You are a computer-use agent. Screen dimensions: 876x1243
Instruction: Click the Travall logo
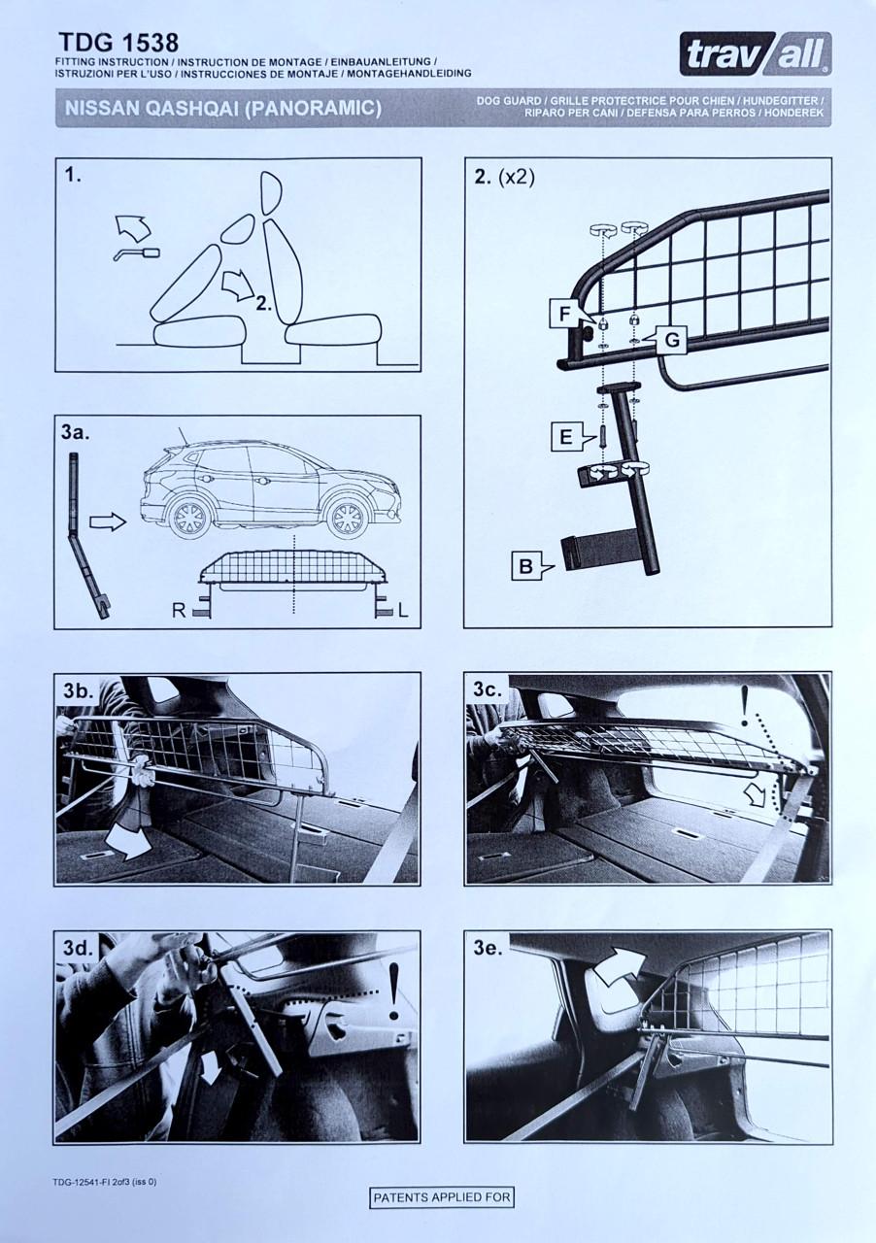(x=756, y=53)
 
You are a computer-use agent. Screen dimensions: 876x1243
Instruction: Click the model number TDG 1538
(x=118, y=43)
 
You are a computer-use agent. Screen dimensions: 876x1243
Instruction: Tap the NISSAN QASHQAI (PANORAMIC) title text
(x=223, y=108)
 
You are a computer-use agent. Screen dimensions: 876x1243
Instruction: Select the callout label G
(x=671, y=340)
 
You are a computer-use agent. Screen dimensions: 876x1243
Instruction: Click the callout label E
(x=565, y=437)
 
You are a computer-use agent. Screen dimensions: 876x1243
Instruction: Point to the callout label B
(x=526, y=566)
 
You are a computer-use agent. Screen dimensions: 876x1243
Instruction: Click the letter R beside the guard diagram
(x=179, y=611)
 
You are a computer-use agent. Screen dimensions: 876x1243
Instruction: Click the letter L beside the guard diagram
(x=403, y=611)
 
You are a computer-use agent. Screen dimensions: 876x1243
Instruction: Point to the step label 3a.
(x=76, y=432)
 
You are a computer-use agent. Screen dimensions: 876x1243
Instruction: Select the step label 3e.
(x=488, y=949)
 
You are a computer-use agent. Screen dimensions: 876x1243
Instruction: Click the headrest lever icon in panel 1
(x=137, y=254)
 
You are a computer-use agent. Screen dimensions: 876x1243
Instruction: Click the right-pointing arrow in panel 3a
(x=107, y=521)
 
